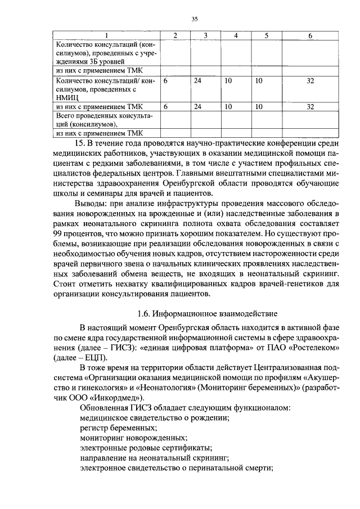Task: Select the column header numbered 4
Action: pyautogui.click(x=236, y=36)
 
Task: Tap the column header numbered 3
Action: pyautogui.click(x=205, y=36)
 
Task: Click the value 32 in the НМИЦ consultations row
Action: pyautogui.click(x=310, y=81)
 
